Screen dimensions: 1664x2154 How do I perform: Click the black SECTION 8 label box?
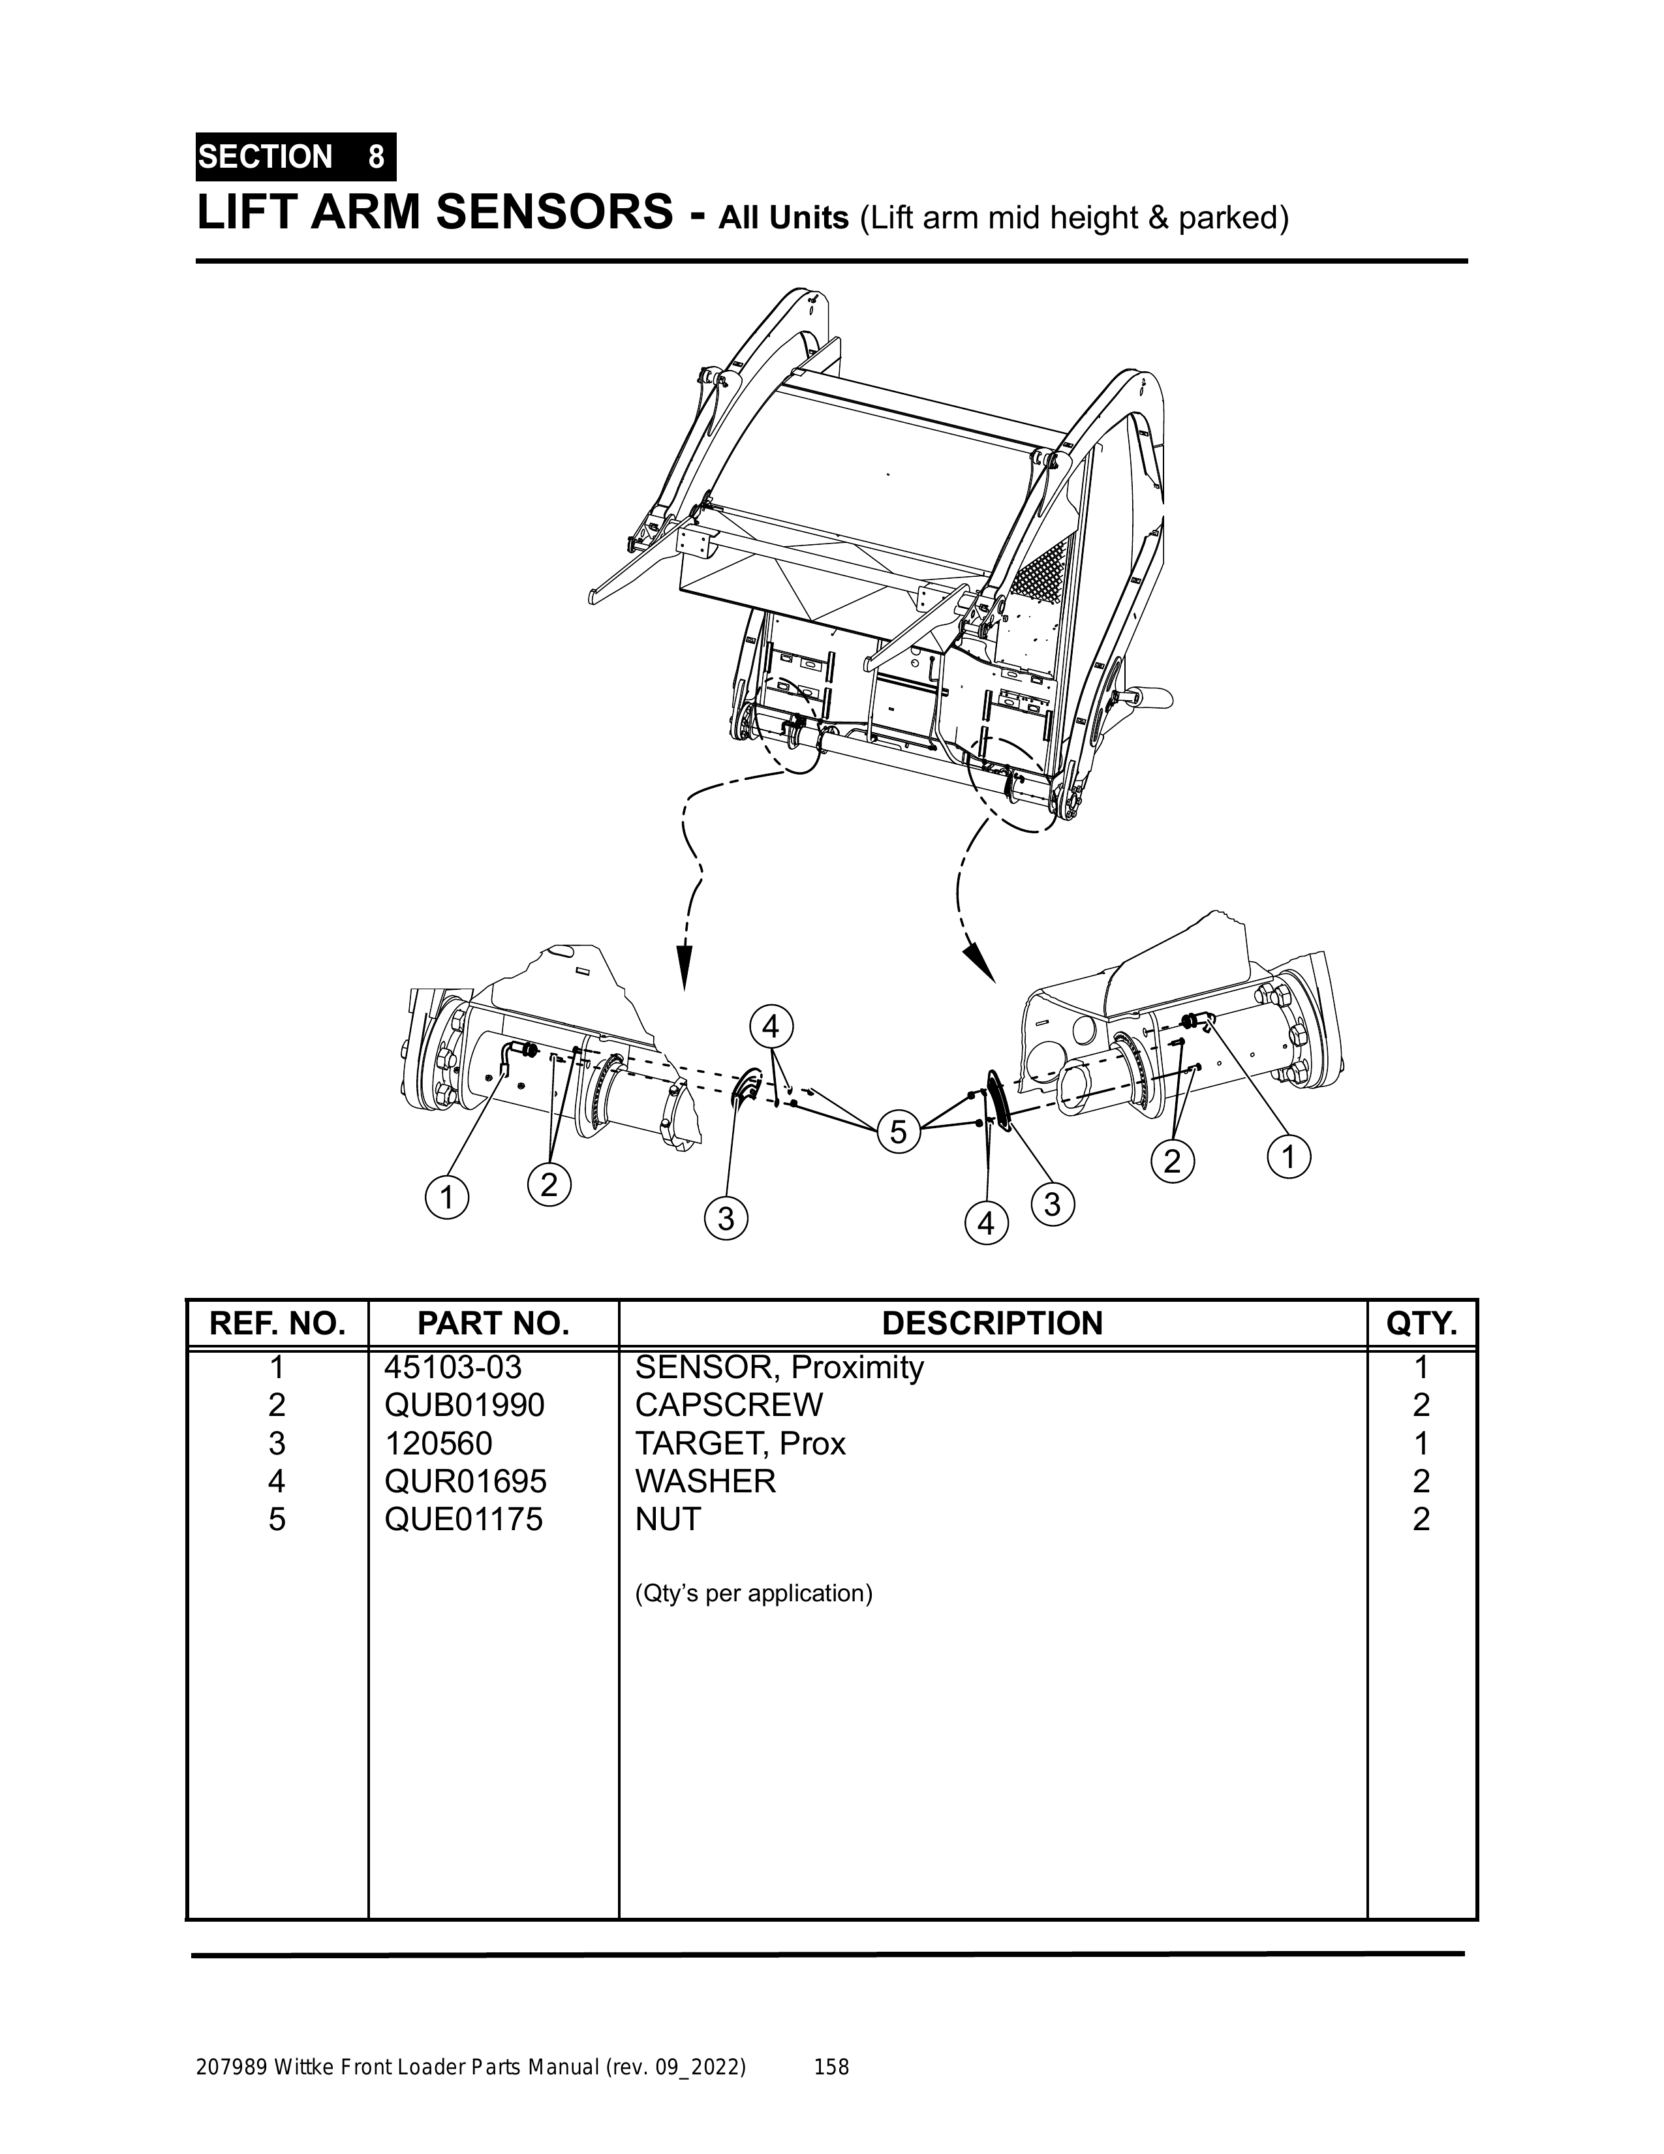(296, 157)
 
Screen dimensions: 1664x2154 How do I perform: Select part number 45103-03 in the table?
(453, 1367)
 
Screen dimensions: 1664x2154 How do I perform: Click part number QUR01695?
(465, 1481)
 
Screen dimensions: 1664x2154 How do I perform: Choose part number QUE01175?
(463, 1519)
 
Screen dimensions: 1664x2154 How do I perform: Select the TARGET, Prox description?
(740, 1444)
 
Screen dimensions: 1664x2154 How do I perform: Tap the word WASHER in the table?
(705, 1481)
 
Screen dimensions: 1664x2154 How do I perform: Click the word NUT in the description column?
(668, 1519)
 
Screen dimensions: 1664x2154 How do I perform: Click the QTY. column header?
(1421, 1323)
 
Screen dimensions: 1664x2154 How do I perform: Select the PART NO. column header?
(493, 1323)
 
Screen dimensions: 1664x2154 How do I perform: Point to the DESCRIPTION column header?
(993, 1323)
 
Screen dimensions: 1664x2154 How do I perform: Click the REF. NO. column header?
(277, 1323)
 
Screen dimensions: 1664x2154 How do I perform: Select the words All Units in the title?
(783, 217)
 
